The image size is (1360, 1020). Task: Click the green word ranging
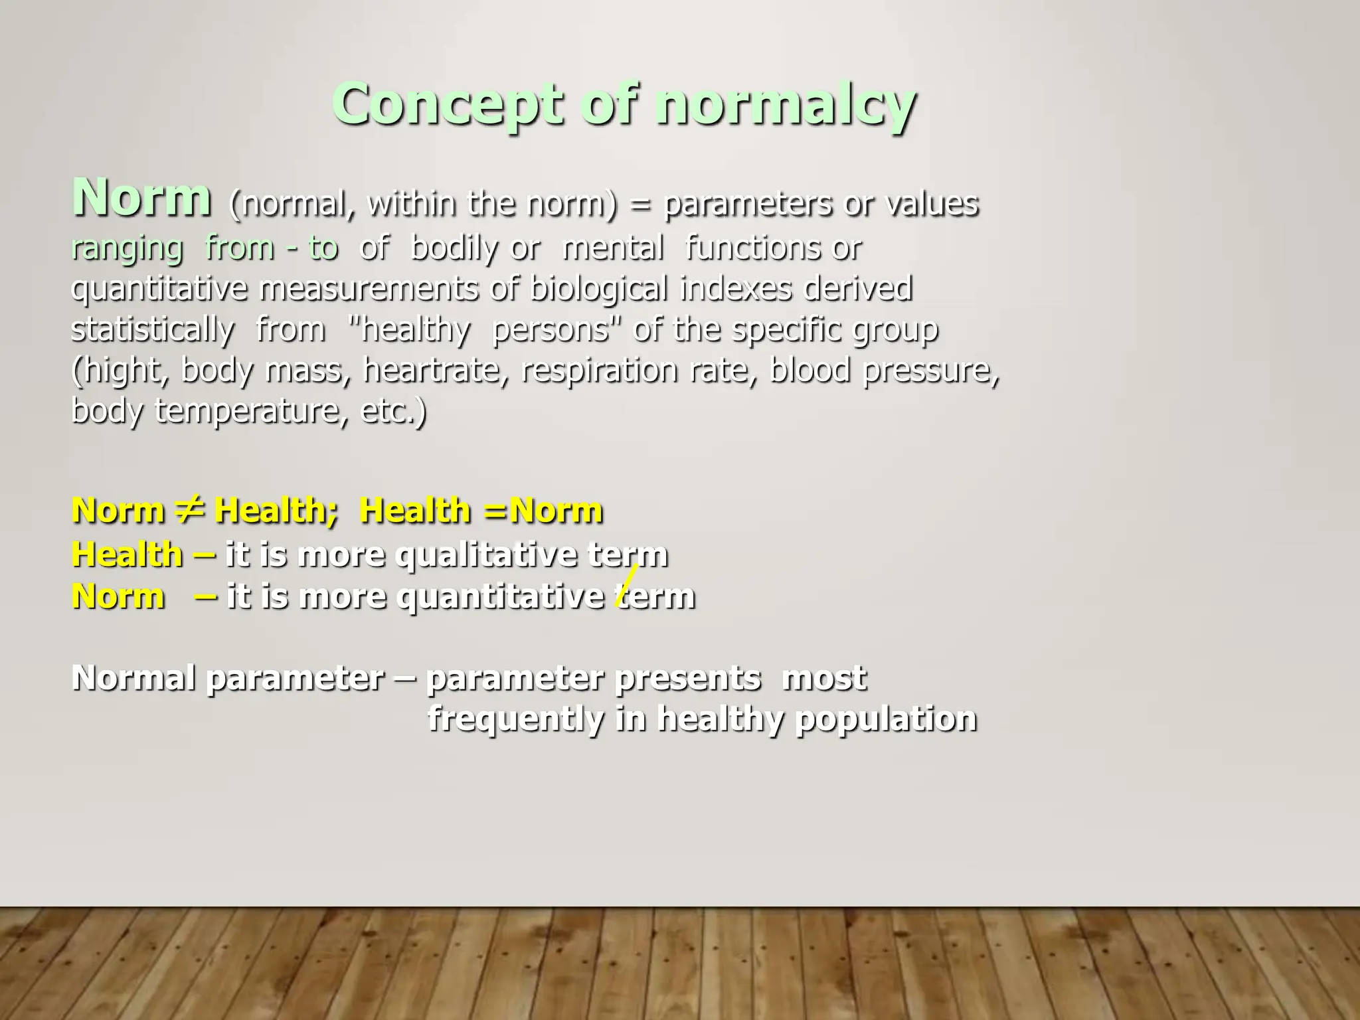coord(127,249)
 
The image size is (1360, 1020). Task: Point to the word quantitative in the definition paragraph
coord(159,290)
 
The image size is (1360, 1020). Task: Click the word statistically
coord(152,330)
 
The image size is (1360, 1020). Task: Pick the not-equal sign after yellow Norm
coord(190,510)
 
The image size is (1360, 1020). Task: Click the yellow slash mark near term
coord(627,584)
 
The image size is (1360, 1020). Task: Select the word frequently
coord(515,719)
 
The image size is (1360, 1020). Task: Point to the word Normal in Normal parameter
coord(133,678)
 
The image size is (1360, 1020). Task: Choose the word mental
coord(613,249)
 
